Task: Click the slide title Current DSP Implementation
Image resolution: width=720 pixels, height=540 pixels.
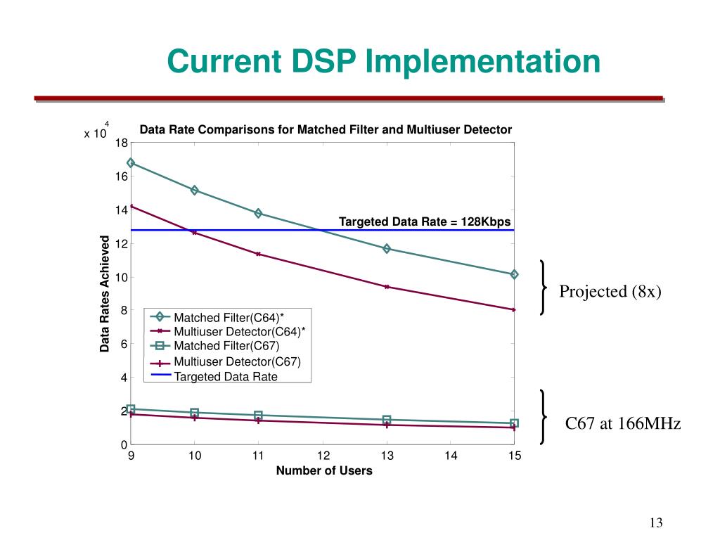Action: pos(383,61)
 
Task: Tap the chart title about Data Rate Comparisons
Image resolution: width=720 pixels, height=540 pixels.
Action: pos(326,129)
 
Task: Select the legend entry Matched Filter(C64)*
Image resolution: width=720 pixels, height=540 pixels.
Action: pos(229,318)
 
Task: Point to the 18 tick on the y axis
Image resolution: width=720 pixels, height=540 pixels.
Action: pos(121,143)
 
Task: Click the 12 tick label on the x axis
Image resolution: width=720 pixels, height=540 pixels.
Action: pos(323,456)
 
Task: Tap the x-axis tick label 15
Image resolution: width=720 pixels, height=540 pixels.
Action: pos(515,456)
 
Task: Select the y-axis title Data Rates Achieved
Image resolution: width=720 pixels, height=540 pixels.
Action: pos(105,294)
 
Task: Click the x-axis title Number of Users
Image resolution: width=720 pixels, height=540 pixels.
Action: pos(324,471)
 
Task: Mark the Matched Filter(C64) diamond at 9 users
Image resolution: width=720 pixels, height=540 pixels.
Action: pos(131,162)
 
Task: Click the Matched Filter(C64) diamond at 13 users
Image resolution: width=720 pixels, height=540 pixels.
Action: pos(387,249)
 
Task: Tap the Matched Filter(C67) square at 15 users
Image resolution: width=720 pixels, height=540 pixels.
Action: pos(515,423)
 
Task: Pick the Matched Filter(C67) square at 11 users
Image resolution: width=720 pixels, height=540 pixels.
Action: pos(259,416)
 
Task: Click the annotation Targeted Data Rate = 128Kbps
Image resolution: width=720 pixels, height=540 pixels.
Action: pos(425,222)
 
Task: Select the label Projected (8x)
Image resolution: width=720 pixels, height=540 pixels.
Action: pos(610,291)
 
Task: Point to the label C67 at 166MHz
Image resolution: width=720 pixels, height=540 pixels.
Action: pos(623,424)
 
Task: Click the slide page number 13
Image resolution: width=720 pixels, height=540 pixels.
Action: pos(657,522)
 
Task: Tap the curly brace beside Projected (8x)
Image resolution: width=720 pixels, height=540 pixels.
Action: pos(544,288)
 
